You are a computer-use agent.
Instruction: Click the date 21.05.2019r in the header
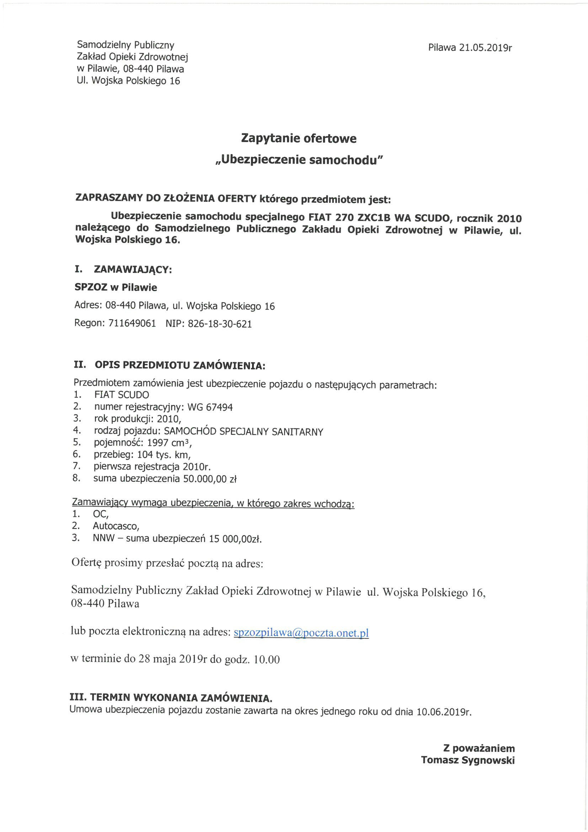pyautogui.click(x=485, y=48)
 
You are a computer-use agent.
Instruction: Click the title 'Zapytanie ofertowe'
pyautogui.click(x=299, y=138)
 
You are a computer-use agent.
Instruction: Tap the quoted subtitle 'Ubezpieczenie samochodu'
pyautogui.click(x=299, y=160)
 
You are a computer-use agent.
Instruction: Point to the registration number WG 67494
pyautogui.click(x=210, y=407)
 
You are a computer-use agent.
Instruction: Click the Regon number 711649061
pyautogui.click(x=132, y=323)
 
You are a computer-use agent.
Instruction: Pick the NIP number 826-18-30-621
pyautogui.click(x=220, y=323)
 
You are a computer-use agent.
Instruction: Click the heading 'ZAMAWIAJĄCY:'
pyautogui.click(x=133, y=270)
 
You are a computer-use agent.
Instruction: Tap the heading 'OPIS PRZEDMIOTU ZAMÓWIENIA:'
pyautogui.click(x=180, y=365)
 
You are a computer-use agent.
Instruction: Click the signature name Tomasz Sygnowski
pyautogui.click(x=468, y=760)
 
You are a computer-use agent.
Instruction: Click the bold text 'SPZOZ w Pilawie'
pyautogui.click(x=116, y=288)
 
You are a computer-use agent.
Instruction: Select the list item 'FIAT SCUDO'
pyautogui.click(x=122, y=395)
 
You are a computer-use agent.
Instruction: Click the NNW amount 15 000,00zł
pyautogui.click(x=235, y=538)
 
